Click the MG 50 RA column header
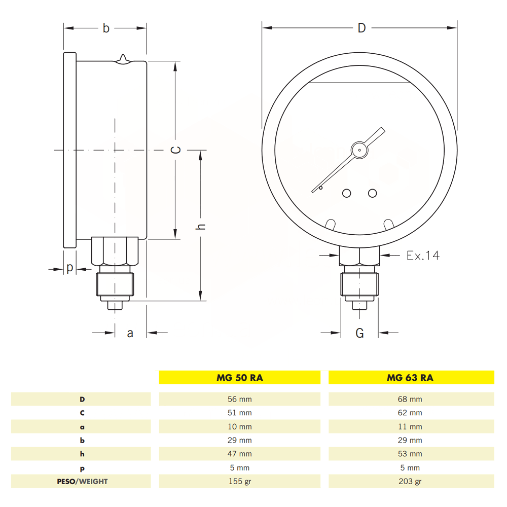pos(240,377)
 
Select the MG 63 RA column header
pos(410,377)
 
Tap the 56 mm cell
pos(240,399)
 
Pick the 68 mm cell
pos(410,399)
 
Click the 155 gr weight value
pos(240,482)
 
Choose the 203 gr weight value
pos(410,482)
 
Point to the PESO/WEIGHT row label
pos(82,482)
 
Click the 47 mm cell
pos(240,454)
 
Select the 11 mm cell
pos(410,426)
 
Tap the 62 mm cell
pos(410,413)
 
